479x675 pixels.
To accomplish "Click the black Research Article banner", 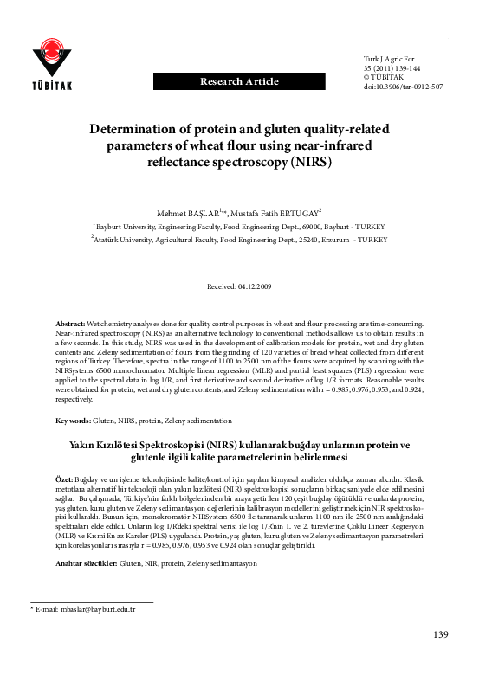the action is pyautogui.click(x=239, y=81).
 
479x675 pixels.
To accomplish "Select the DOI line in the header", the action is pyautogui.click(x=404, y=87).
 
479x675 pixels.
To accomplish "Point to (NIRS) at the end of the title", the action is pyautogui.click(x=309, y=162).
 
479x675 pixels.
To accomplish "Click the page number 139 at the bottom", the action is pyautogui.click(x=440, y=635).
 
